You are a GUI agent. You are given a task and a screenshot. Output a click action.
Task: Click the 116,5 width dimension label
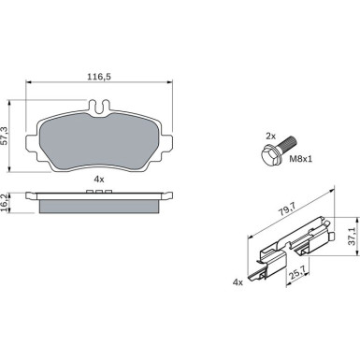click(x=99, y=77)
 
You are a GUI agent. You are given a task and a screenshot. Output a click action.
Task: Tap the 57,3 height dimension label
click(x=4, y=136)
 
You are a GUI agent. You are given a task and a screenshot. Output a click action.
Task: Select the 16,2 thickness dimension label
click(x=4, y=203)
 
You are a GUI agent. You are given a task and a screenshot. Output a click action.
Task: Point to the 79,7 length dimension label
click(x=287, y=209)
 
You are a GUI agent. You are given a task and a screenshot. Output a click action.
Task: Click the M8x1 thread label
click(x=300, y=159)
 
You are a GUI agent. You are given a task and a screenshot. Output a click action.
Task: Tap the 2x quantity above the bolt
click(x=270, y=136)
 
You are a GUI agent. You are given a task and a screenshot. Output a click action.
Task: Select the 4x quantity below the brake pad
click(x=99, y=180)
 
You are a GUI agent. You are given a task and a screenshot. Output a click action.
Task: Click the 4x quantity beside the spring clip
click(x=238, y=282)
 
